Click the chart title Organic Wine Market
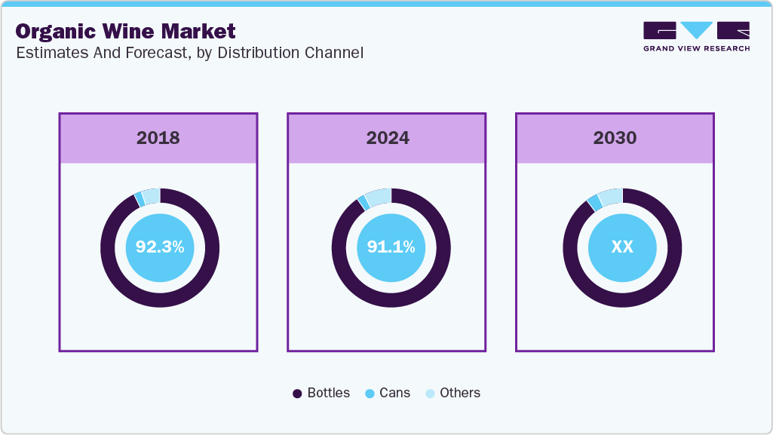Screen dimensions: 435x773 [x=125, y=32]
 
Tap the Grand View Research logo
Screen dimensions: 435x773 [x=696, y=31]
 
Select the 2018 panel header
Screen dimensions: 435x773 [x=158, y=138]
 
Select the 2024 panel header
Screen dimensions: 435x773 [x=388, y=138]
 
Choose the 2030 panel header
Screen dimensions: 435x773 [x=615, y=138]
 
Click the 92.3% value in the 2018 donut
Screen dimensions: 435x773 [x=160, y=247]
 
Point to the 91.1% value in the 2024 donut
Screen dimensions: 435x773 [x=391, y=247]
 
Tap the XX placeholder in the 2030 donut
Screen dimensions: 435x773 [x=622, y=247]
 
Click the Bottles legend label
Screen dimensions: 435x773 [x=328, y=393]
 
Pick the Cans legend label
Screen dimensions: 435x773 [x=394, y=393]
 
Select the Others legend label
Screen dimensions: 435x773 [x=460, y=393]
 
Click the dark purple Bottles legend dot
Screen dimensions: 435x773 [x=297, y=394]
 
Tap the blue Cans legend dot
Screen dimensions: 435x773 [x=370, y=394]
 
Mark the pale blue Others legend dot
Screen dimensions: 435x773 [x=430, y=394]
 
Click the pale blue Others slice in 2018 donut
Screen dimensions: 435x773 [x=151, y=196]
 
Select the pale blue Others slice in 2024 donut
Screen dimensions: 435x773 [x=379, y=197]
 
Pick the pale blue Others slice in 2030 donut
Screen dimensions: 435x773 [x=611, y=197]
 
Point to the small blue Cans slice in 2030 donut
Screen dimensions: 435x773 [x=594, y=202]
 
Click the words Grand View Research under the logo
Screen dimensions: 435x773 [x=696, y=48]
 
